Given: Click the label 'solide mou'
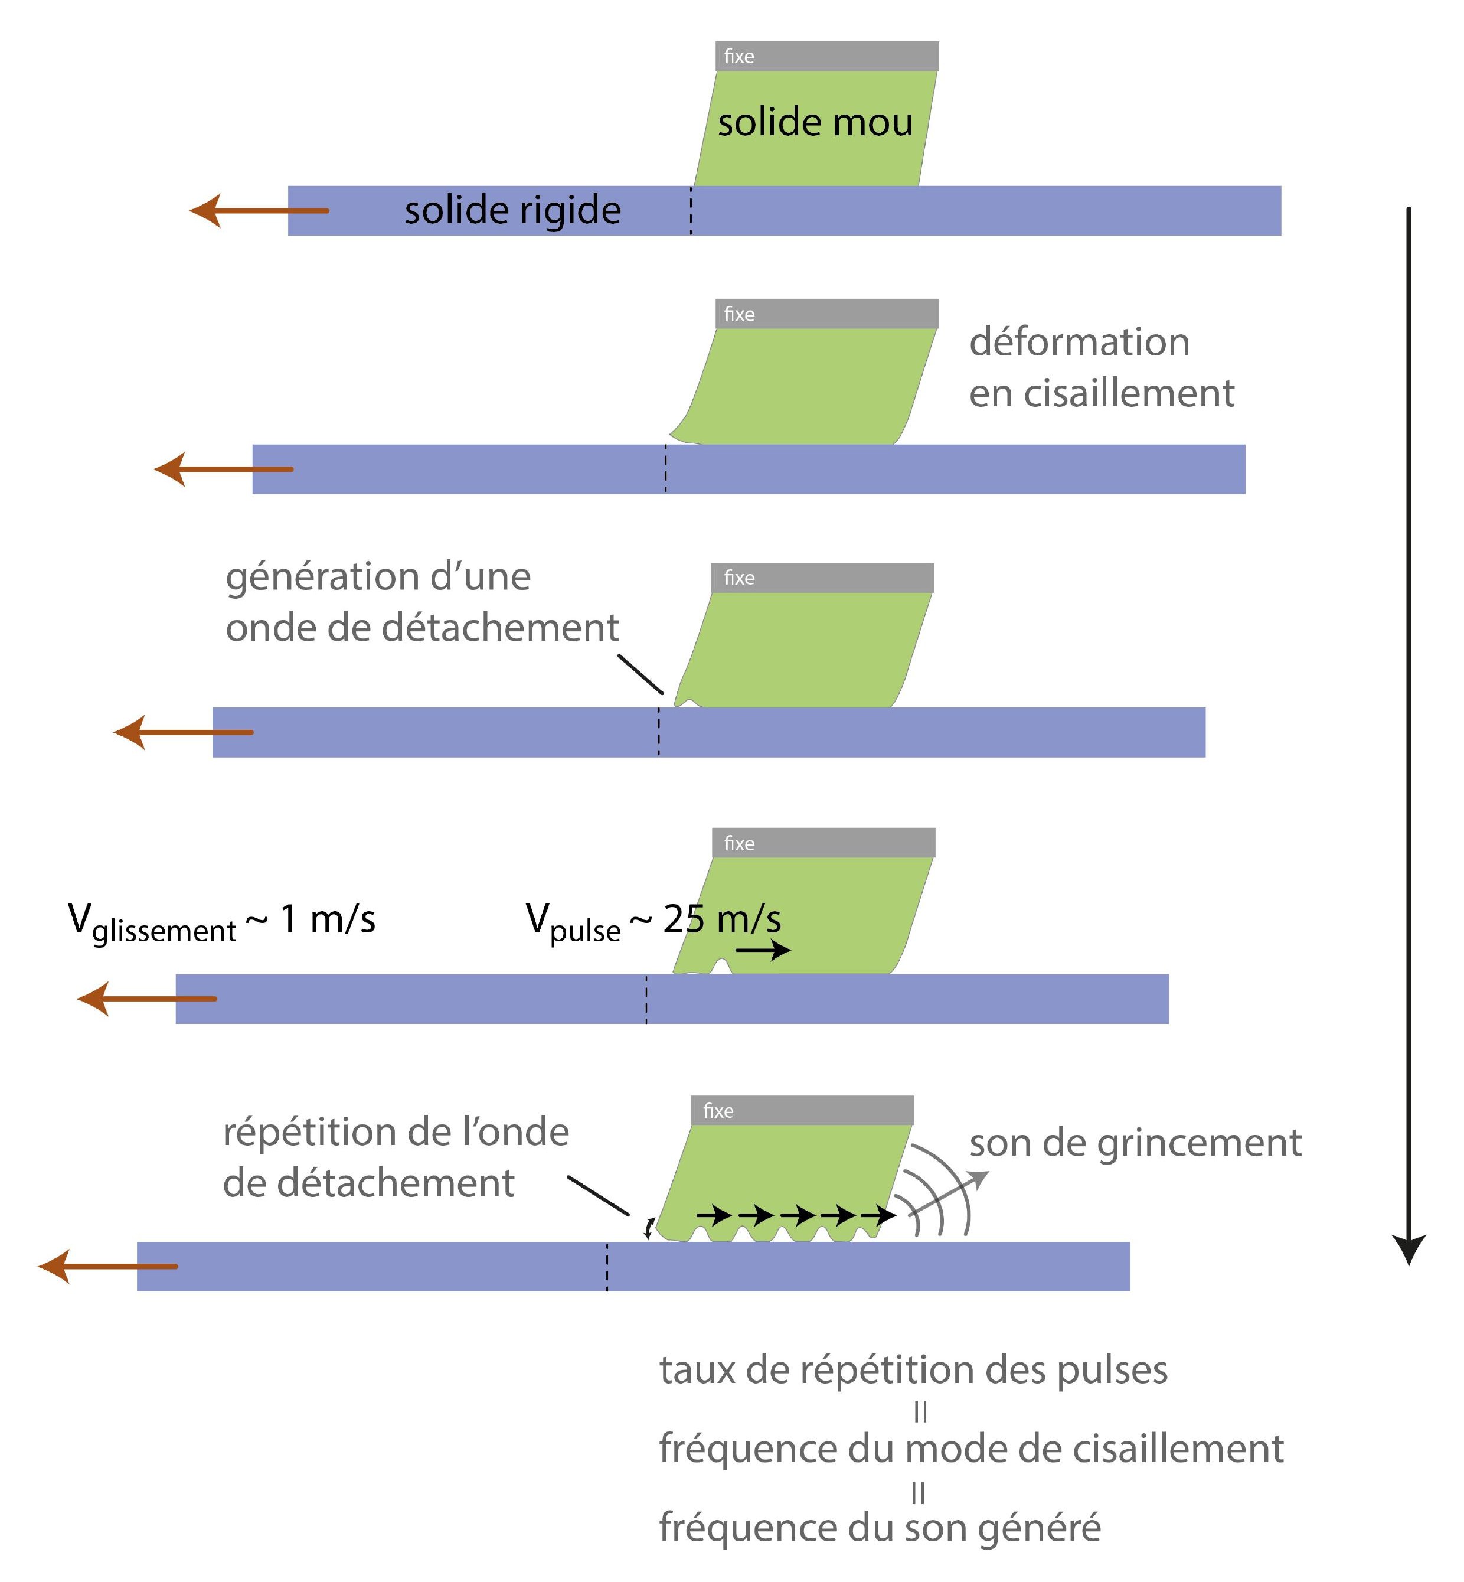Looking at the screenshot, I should (815, 123).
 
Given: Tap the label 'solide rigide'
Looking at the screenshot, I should (512, 210).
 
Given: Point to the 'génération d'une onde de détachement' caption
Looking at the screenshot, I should (421, 602).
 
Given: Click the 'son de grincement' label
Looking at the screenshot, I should (1135, 1143).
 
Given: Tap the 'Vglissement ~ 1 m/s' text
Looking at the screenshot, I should (222, 921).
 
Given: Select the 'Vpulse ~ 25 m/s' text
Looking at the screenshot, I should (653, 921).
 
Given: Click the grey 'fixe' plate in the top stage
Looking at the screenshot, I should (827, 56).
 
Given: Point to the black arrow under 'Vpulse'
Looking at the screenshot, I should (767, 950).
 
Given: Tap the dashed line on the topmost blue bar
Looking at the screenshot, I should (691, 211).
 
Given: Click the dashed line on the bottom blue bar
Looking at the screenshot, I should (607, 1267).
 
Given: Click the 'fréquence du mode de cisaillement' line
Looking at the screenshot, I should (971, 1449).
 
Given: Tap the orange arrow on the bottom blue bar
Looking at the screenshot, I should (108, 1267).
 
